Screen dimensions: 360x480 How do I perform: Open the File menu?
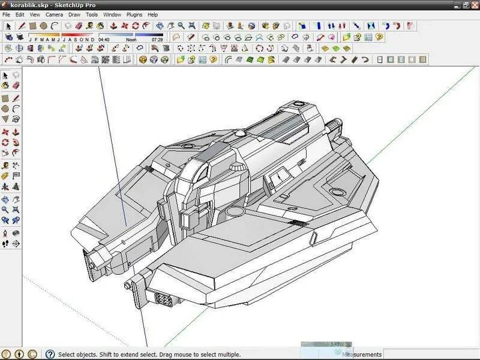(7, 14)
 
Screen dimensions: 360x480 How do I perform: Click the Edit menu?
(20, 14)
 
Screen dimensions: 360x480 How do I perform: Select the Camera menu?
(54, 14)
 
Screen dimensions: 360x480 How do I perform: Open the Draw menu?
(74, 14)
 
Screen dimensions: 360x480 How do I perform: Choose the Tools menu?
(92, 14)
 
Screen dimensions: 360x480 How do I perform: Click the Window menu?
(112, 14)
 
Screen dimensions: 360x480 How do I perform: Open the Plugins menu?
(134, 14)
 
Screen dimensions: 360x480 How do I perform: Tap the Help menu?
(153, 14)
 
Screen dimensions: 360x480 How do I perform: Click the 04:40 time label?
(104, 39)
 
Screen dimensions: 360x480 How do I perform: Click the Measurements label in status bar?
(362, 355)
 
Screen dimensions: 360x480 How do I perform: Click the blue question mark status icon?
(50, 355)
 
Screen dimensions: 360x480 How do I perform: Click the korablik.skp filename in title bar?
(30, 5)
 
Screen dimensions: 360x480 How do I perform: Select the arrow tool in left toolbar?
(5, 76)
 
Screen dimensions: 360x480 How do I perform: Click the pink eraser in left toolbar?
(16, 86)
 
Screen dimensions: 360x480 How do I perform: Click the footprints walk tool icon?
(5, 244)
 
